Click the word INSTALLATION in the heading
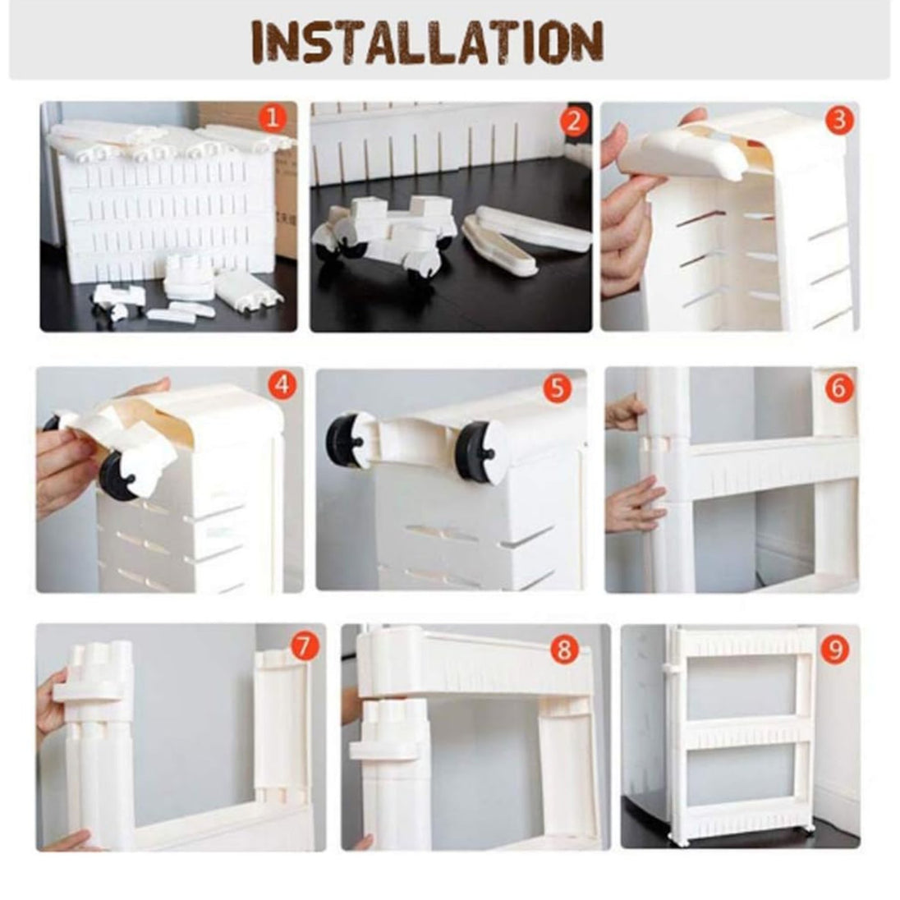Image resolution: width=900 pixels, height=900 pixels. click(x=428, y=41)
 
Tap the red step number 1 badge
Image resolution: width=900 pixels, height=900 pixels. click(x=272, y=119)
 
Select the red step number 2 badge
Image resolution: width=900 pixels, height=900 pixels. click(x=573, y=121)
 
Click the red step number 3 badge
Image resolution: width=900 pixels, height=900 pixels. click(x=839, y=121)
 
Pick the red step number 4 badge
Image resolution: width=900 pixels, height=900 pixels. click(x=282, y=384)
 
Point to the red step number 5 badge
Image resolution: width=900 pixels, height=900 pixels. click(x=557, y=388)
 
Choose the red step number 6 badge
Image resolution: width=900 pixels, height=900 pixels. click(x=838, y=388)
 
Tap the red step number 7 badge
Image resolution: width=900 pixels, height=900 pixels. click(x=304, y=648)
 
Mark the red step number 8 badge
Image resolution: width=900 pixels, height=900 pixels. click(x=564, y=650)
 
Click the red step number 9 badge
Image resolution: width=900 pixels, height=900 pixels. click(x=834, y=650)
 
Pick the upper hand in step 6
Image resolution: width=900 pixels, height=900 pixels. click(x=624, y=411)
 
